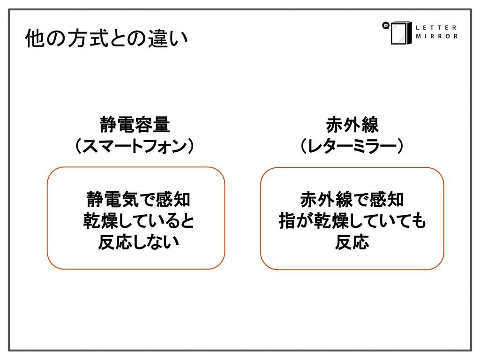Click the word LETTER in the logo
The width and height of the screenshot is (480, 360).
pos(436,27)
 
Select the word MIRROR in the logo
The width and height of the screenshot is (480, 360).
pos(436,37)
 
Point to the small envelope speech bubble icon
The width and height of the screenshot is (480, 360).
pos(386,26)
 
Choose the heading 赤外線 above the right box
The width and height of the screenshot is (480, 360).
pos(352,126)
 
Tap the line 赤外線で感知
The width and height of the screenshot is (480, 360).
pos(352,200)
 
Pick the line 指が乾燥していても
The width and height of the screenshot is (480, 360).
pos(352,221)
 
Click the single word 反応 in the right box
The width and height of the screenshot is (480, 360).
pos(352,242)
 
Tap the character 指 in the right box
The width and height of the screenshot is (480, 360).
pos(287,221)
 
